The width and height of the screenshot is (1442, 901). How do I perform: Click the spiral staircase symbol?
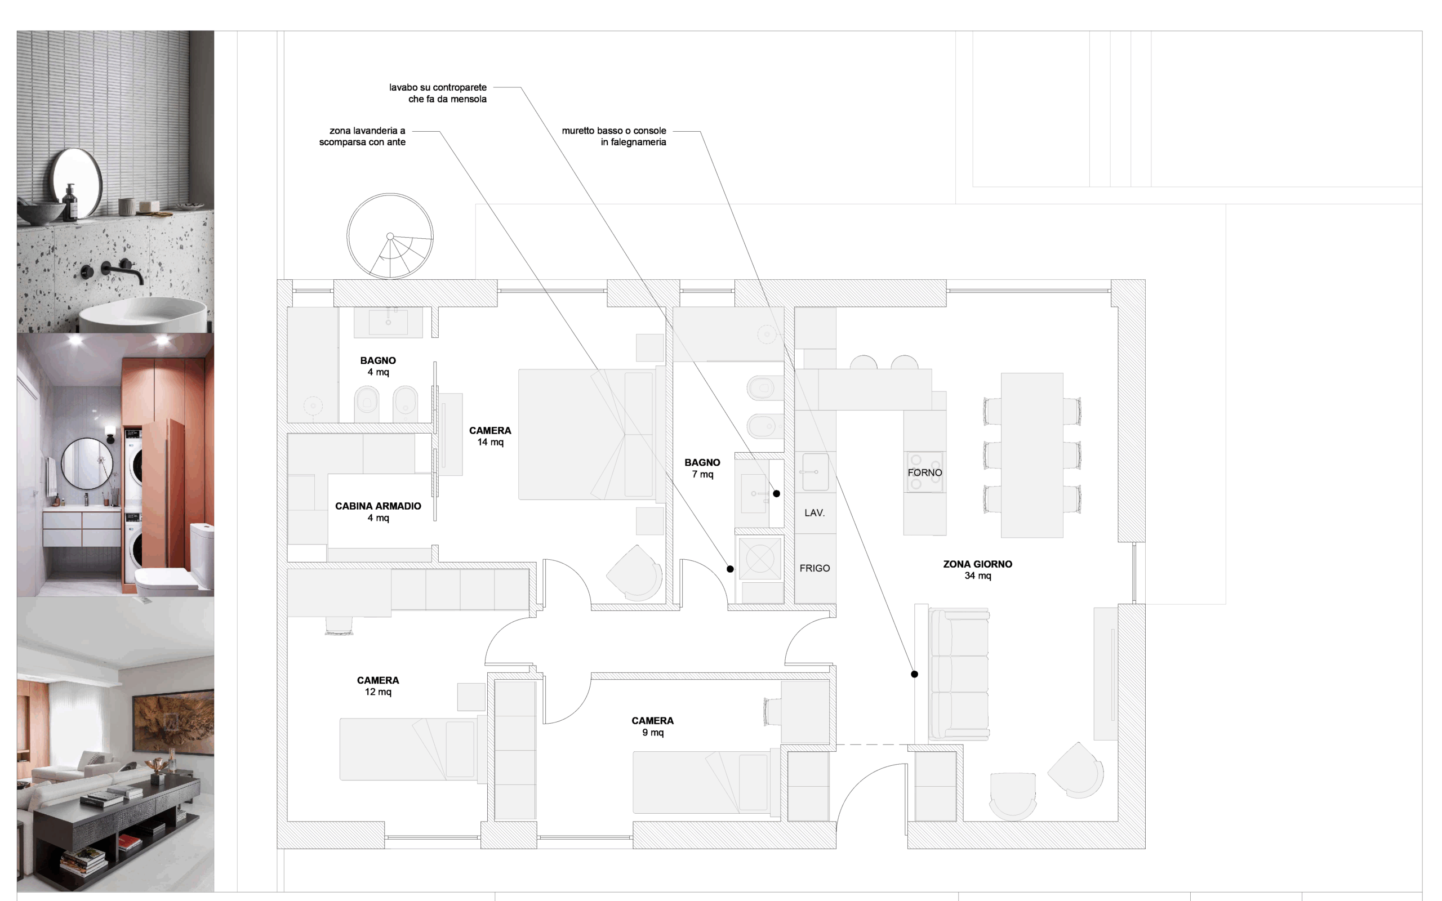[x=390, y=236]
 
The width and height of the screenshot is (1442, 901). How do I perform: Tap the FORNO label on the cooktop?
[x=925, y=472]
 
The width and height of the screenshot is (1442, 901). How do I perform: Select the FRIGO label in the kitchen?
[x=815, y=569]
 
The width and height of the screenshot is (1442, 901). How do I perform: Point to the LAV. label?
[x=815, y=512]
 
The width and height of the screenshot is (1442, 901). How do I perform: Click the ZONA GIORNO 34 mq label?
[x=978, y=570]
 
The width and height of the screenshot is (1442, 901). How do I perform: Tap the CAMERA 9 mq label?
[x=652, y=726]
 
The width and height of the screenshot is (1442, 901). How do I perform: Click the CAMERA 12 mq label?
[x=378, y=686]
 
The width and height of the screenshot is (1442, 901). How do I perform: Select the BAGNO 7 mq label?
[x=702, y=469]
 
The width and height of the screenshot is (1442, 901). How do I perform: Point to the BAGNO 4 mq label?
[x=378, y=366]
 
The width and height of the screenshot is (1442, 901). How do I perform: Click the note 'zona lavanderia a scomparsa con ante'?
[x=362, y=136]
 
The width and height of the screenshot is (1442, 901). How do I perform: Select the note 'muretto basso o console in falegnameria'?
[x=614, y=136]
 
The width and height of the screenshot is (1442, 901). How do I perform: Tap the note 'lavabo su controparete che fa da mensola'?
[x=438, y=93]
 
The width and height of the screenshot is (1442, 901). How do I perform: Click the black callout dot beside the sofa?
[x=915, y=674]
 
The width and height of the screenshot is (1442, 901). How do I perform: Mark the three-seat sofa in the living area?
[x=959, y=676]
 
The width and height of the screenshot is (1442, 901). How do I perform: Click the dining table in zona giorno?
[x=1032, y=455]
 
